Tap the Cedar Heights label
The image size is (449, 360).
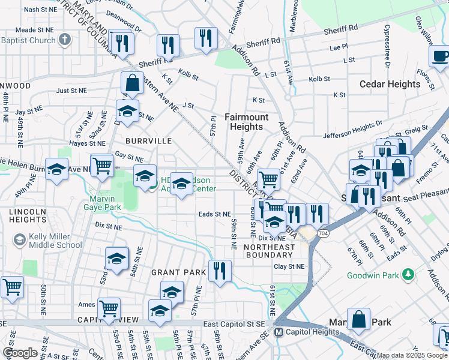[x=390, y=84]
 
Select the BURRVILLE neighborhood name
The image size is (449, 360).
[x=148, y=141]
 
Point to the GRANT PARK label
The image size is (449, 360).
[x=178, y=272]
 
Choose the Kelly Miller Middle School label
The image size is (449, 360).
[x=57, y=240]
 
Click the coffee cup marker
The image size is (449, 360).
[x=441, y=56]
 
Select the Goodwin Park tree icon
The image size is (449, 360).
[x=409, y=275]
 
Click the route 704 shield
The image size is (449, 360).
[x=324, y=233]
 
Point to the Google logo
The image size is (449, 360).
[x=19, y=353]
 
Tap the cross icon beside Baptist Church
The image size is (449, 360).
[x=65, y=41]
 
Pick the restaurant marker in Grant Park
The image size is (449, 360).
[x=219, y=271]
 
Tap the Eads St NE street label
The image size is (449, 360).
[x=214, y=214]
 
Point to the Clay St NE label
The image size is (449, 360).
[x=289, y=266]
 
